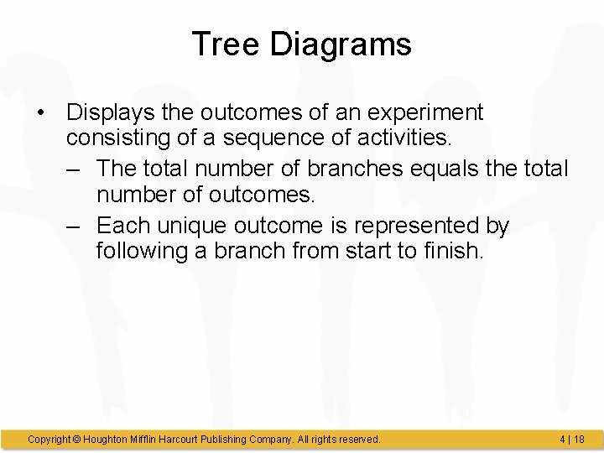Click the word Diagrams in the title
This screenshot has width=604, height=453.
click(341, 44)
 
